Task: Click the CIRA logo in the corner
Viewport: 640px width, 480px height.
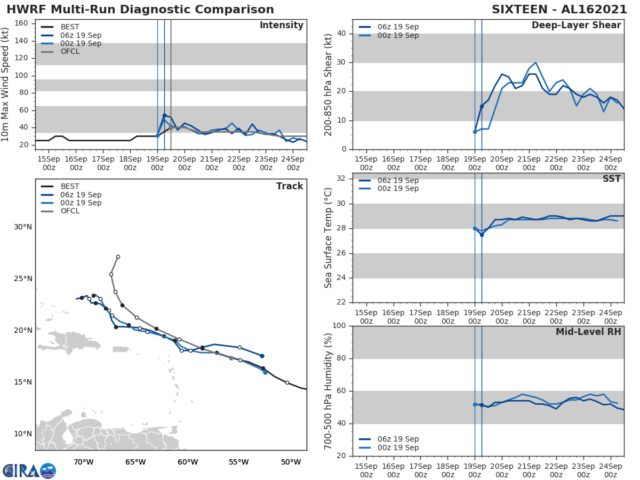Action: [29, 470]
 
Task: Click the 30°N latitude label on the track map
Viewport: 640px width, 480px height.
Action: [23, 227]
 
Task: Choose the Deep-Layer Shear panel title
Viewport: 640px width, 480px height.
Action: [576, 26]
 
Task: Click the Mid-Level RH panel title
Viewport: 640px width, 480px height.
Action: [588, 332]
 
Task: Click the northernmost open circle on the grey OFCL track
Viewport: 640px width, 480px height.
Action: [118, 257]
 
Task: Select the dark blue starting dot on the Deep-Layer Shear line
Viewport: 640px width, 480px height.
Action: [482, 107]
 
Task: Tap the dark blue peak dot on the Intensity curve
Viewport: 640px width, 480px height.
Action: [164, 115]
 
